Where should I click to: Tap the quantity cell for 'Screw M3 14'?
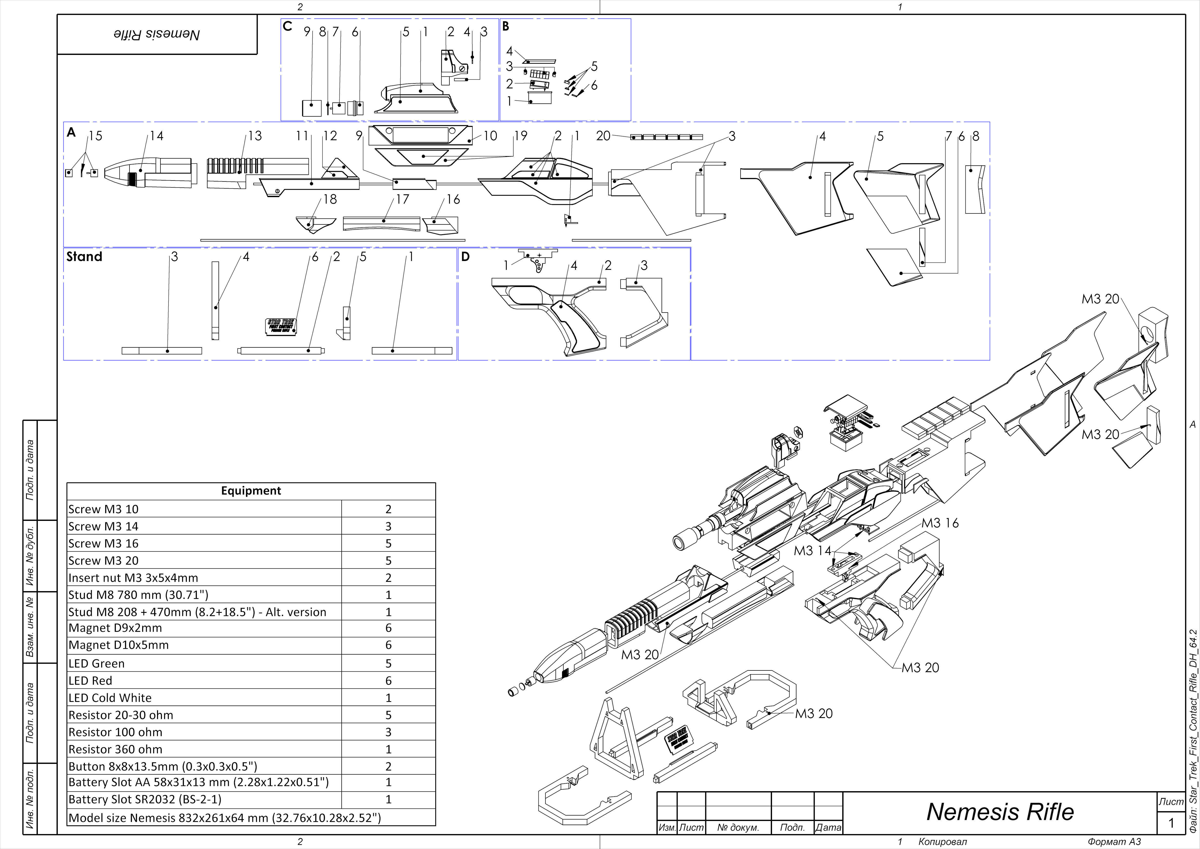click(x=388, y=526)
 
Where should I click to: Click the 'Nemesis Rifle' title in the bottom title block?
click(x=1000, y=812)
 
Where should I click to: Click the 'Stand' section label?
click(x=84, y=257)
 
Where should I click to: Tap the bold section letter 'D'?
click(x=465, y=257)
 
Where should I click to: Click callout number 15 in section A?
click(x=95, y=136)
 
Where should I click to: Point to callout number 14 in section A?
click(x=156, y=136)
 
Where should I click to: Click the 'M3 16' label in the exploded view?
click(x=940, y=523)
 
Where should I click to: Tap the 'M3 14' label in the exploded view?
click(x=812, y=550)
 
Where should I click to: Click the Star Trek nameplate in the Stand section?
click(x=281, y=326)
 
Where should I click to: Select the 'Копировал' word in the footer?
click(x=942, y=842)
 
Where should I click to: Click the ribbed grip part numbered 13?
click(x=235, y=166)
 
